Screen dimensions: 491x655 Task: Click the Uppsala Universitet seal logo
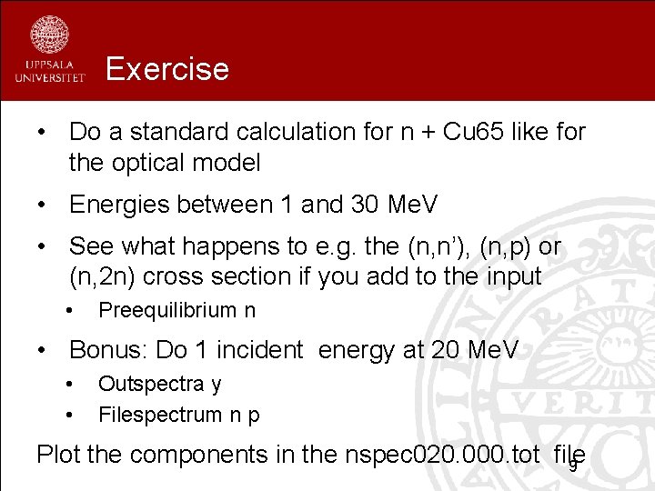click(49, 34)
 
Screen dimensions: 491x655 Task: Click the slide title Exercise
click(167, 68)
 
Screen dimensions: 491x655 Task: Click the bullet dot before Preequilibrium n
click(70, 310)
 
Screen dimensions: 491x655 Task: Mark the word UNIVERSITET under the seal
click(49, 78)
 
